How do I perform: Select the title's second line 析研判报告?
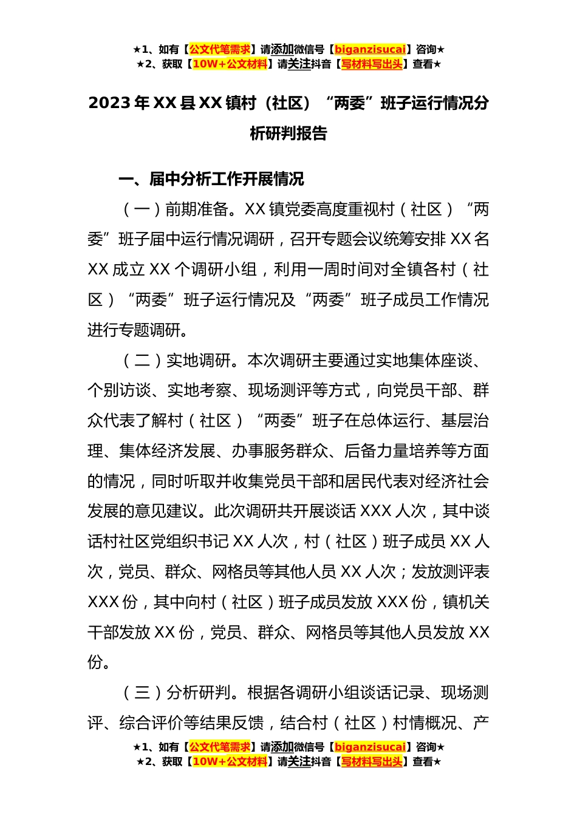point(288,134)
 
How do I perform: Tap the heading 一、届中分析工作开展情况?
point(211,179)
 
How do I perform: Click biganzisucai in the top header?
point(370,50)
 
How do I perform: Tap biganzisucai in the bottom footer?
point(370,747)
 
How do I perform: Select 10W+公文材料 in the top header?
point(230,64)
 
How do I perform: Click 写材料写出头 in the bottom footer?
point(372,762)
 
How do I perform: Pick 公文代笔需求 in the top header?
point(219,50)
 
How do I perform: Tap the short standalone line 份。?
point(99,662)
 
